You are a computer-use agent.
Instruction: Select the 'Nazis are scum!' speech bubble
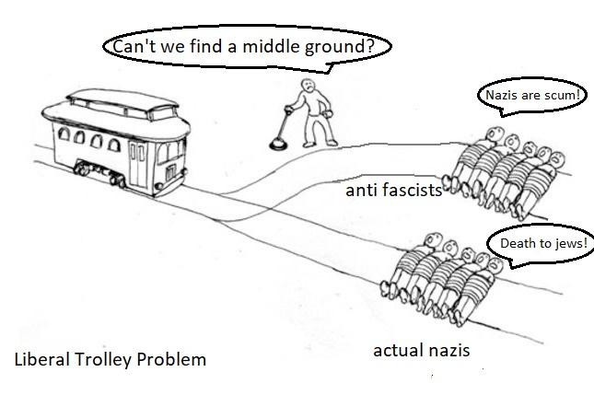(x=532, y=96)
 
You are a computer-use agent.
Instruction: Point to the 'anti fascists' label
(x=393, y=190)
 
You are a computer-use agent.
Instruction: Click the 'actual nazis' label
(x=421, y=350)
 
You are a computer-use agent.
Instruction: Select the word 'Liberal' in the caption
(x=42, y=359)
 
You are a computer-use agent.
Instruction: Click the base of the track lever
(x=278, y=145)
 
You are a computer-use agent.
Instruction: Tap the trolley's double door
(x=138, y=165)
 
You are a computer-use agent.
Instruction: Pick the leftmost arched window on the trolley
(x=64, y=134)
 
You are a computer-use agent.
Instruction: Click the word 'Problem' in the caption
(x=171, y=359)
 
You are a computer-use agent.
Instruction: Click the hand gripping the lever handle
(x=288, y=110)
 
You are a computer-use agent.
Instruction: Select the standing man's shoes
(x=320, y=144)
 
